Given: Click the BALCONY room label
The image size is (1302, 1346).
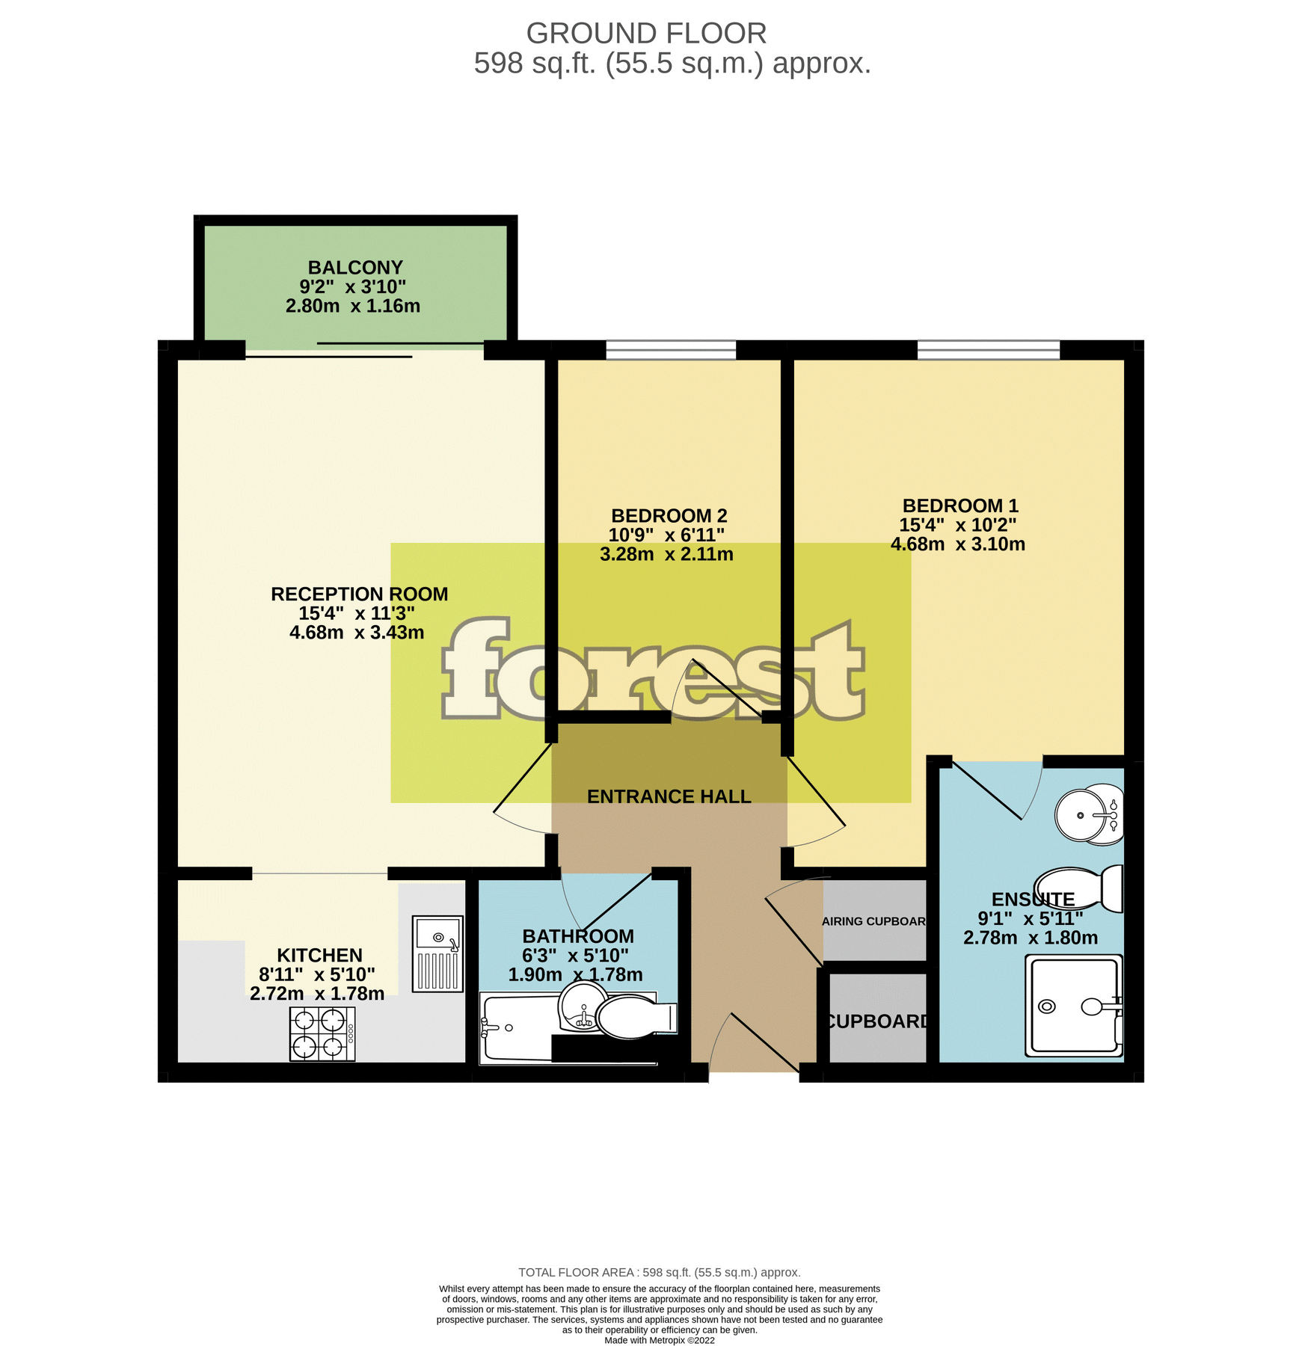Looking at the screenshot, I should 355,268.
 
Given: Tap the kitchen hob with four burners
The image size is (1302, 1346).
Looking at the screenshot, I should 322,1034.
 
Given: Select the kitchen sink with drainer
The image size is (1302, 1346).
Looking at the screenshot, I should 437,954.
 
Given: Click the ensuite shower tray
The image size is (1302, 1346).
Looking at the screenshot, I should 1074,1006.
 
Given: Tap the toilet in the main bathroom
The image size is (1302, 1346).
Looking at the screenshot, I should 636,1018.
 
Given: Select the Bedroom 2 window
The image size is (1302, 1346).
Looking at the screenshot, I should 671,349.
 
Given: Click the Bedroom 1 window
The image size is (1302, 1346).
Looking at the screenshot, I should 988,349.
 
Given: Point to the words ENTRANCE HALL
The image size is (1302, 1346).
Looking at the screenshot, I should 669,796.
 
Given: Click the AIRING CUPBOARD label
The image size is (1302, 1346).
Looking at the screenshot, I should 873,921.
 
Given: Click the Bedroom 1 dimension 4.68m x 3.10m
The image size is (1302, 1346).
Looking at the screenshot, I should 957,544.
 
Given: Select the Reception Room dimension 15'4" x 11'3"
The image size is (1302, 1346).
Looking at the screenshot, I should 357,613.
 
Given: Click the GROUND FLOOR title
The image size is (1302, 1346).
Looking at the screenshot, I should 646,34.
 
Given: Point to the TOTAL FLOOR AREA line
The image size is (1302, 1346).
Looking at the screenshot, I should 659,1272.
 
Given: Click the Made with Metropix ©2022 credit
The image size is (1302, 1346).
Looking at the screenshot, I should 659,1340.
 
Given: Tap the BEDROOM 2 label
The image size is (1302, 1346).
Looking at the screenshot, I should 669,516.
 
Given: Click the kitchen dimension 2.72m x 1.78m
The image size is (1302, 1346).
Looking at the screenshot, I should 317,994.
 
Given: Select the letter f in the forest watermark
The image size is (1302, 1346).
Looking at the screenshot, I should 476,667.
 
